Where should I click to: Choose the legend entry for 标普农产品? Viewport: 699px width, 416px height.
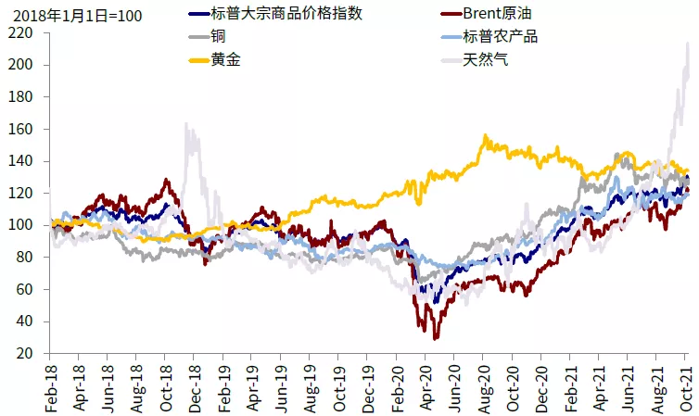[x=500, y=37]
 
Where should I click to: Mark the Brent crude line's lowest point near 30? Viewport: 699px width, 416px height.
[x=435, y=338]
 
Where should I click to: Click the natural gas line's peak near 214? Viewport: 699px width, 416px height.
[x=687, y=43]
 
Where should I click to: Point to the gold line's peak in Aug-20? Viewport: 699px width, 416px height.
[x=485, y=135]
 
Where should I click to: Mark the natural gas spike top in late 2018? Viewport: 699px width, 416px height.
[x=187, y=123]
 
